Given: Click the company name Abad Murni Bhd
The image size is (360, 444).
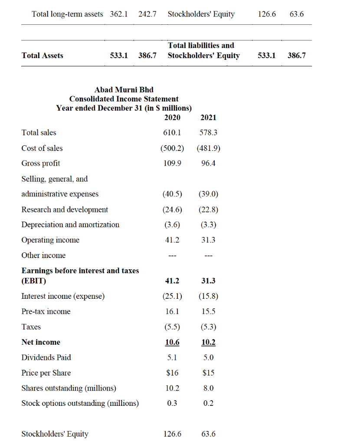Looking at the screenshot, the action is click(124, 90).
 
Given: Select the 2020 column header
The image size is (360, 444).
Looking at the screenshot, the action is click(173, 117).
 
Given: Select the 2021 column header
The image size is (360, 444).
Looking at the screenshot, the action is click(208, 117).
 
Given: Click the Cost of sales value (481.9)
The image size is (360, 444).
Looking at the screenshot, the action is click(208, 148).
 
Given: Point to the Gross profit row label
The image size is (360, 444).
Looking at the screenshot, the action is click(41, 163).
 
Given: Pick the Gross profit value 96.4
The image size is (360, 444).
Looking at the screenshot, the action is click(208, 163).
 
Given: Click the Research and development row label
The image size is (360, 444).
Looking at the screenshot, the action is click(65, 209).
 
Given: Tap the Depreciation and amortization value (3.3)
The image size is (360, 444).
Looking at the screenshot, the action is click(208, 225).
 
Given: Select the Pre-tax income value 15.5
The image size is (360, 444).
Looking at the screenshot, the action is click(208, 311).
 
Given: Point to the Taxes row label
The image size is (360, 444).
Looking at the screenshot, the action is click(31, 327).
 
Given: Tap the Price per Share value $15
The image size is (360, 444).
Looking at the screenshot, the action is click(208, 373).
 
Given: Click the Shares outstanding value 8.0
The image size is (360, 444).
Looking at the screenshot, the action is click(208, 388).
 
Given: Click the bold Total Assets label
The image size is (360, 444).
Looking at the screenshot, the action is click(42, 55).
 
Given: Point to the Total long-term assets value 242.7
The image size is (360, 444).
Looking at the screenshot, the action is click(147, 14).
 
